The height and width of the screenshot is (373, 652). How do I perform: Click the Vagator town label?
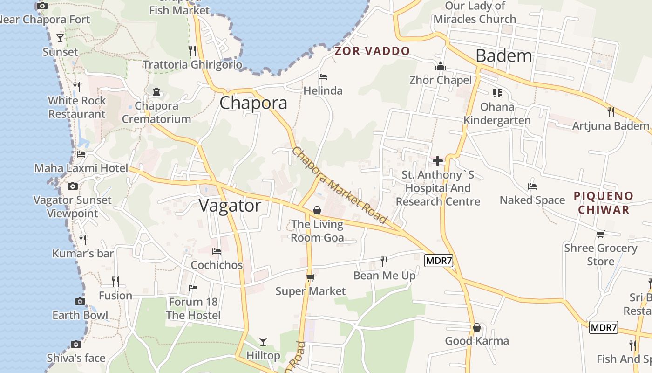point(230,206)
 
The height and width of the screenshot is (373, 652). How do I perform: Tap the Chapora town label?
point(253,103)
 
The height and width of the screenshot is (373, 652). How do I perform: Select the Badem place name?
point(503,56)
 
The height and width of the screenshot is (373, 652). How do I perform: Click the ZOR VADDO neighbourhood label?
point(372,51)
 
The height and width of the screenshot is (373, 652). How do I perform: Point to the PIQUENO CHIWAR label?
point(604,203)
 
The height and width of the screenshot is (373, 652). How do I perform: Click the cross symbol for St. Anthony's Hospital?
point(438,161)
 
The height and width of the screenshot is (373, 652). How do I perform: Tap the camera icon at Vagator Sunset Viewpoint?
point(73,186)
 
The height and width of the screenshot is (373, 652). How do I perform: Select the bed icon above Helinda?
point(323,77)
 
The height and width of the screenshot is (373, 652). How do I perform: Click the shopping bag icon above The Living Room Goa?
point(317,211)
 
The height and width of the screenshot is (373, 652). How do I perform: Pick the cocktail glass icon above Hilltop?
point(263,342)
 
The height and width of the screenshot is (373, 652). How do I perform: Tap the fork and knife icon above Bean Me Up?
point(384,262)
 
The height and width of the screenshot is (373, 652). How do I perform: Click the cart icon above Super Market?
point(310,278)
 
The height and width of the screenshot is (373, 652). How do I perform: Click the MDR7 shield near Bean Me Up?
point(439,260)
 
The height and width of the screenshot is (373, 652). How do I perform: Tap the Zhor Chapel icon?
point(441,67)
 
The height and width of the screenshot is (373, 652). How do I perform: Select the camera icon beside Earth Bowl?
point(80,301)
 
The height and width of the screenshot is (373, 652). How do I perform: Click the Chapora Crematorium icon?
point(156,92)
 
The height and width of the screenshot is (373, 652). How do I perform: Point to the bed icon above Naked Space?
point(532,186)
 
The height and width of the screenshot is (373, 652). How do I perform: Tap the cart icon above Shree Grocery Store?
point(601,234)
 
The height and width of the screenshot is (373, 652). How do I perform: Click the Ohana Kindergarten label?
point(497,114)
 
